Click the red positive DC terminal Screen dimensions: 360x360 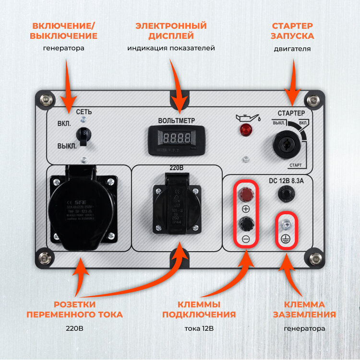coord(246,194)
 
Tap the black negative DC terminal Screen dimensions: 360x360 coord(246,223)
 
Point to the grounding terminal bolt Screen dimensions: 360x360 coord(286,223)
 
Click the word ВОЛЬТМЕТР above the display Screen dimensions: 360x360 coord(177,120)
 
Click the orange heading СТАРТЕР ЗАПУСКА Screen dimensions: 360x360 coord(293,31)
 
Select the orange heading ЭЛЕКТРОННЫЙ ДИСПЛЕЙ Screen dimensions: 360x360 coord(171,31)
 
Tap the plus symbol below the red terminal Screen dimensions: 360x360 coord(246,209)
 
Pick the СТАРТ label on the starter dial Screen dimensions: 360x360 coord(296,165)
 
